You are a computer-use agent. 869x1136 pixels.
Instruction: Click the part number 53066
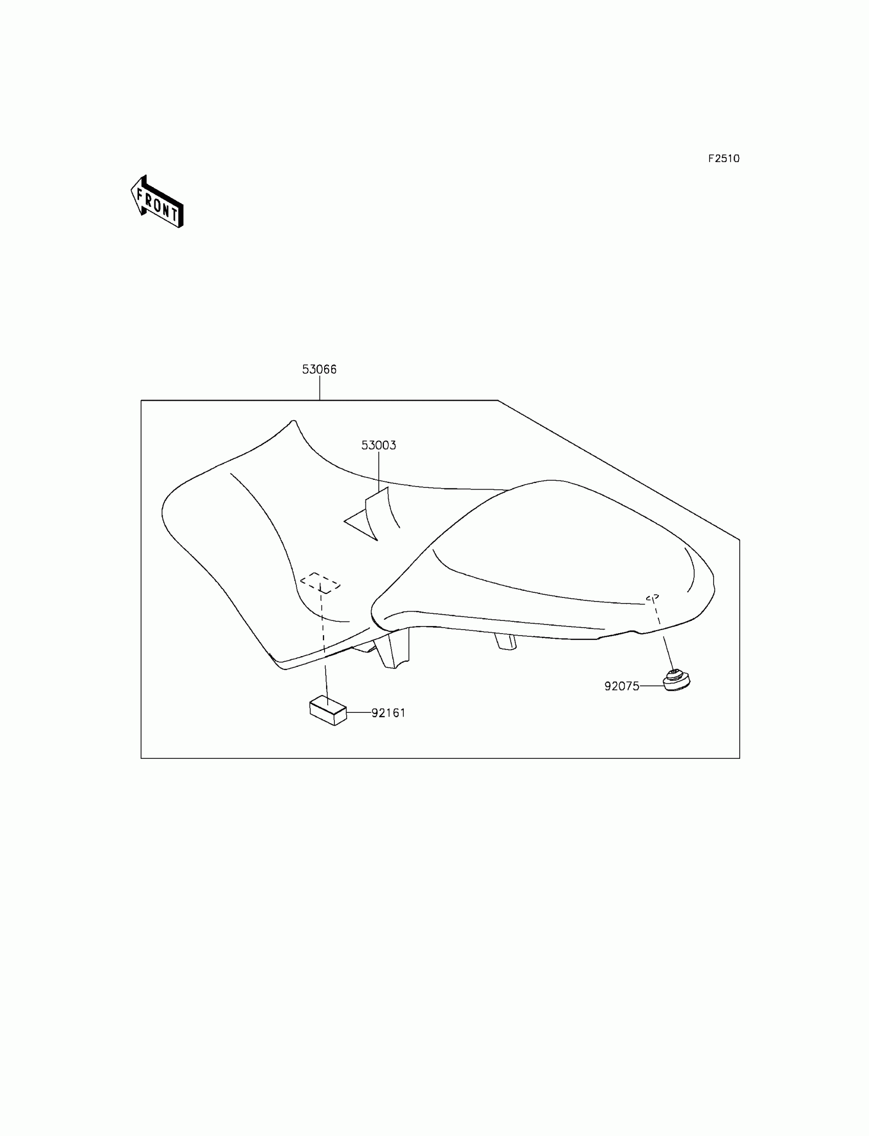point(319,369)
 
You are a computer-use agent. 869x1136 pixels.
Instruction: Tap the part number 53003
point(378,445)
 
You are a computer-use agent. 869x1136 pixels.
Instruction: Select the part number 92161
point(388,712)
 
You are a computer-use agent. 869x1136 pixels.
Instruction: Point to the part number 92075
point(622,686)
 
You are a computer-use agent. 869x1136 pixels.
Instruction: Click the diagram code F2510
point(724,159)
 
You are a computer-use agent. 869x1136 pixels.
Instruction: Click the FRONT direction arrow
point(157,202)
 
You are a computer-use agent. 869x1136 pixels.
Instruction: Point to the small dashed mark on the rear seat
point(652,598)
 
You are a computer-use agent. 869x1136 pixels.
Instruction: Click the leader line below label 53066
point(319,388)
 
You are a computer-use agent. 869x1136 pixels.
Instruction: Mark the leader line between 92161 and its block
point(359,712)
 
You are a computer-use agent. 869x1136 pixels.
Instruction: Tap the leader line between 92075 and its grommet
point(652,686)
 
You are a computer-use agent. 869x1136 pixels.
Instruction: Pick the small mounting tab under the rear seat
point(506,641)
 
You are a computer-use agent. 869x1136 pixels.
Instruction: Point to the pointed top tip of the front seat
point(293,422)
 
